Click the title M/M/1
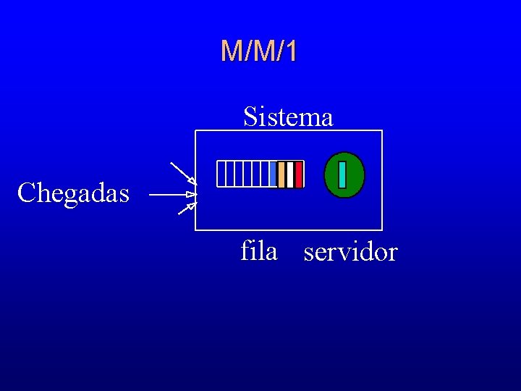(x=258, y=51)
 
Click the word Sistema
(x=288, y=116)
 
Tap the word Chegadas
(x=73, y=193)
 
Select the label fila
(x=258, y=251)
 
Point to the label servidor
(x=350, y=252)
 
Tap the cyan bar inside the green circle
(x=342, y=175)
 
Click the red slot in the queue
(x=299, y=175)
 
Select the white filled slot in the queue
(x=290, y=175)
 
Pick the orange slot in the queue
(x=281, y=175)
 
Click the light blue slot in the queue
(x=273, y=175)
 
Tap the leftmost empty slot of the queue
(x=221, y=175)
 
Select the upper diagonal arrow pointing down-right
(x=182, y=173)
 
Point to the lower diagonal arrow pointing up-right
(x=187, y=210)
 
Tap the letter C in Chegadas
(x=26, y=193)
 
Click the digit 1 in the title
(x=290, y=51)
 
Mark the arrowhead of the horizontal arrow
(x=192, y=195)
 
